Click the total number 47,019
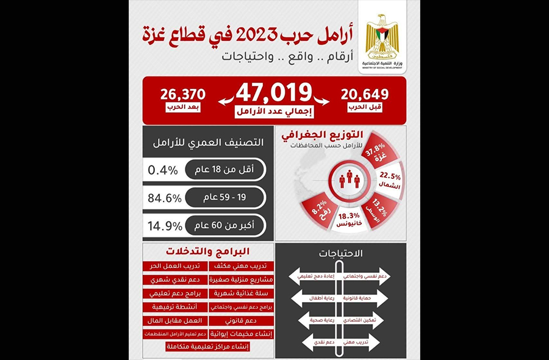coord(274,93)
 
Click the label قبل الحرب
coord(365,108)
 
